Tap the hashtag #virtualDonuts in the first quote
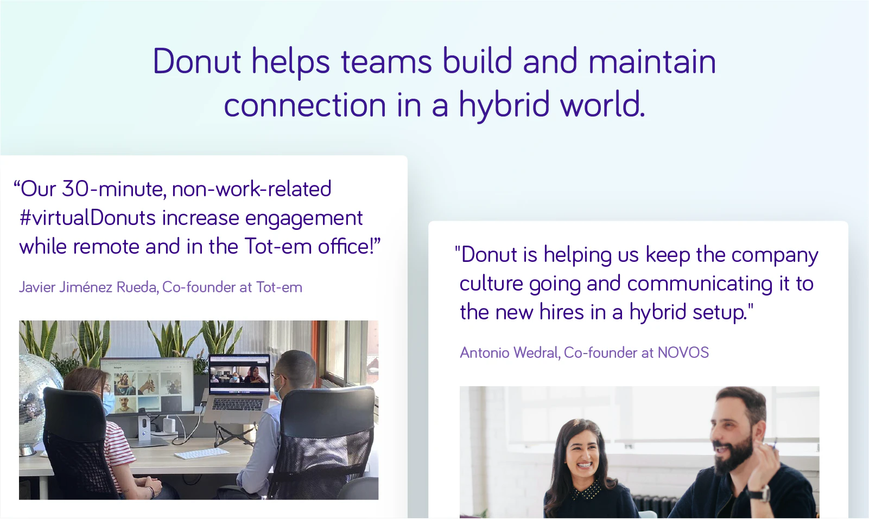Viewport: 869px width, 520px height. pos(88,218)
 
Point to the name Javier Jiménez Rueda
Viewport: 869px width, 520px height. pos(88,287)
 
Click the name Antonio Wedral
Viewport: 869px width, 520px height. pos(509,352)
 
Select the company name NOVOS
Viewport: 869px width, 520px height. pos(683,352)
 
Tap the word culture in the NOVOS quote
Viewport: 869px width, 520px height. pos(491,284)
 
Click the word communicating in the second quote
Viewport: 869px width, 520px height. pos(700,284)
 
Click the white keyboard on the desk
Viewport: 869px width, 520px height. pos(201,453)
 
